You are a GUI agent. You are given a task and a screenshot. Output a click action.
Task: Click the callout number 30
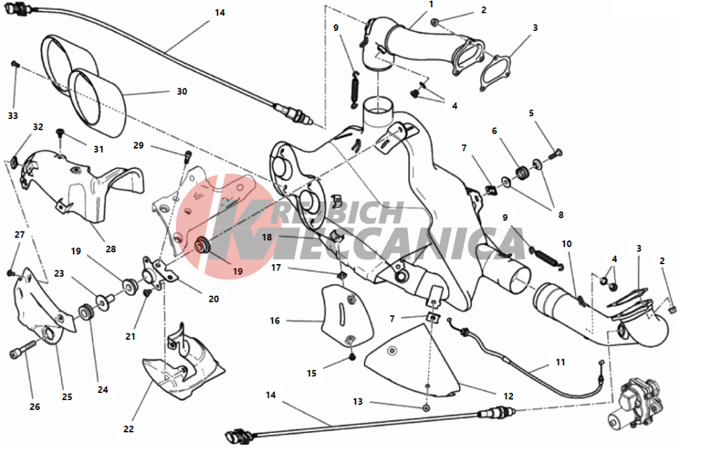click(182, 92)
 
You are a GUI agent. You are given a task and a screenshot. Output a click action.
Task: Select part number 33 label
click(13, 116)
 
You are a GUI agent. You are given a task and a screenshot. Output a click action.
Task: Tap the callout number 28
click(111, 249)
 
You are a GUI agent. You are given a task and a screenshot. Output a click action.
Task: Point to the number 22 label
click(129, 429)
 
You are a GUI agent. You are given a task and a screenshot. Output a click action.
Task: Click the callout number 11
click(561, 362)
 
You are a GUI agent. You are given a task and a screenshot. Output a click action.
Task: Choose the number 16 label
click(275, 320)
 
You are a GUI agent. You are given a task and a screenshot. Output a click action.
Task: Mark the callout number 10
click(566, 244)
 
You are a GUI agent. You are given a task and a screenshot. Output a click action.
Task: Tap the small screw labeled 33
click(15, 64)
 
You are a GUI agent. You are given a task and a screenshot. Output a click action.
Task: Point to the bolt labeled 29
click(188, 156)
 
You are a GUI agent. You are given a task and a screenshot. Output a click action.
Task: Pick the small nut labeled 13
click(427, 408)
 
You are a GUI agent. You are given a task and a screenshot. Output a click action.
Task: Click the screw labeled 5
click(556, 154)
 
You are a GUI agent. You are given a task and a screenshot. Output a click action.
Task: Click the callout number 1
click(431, 4)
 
